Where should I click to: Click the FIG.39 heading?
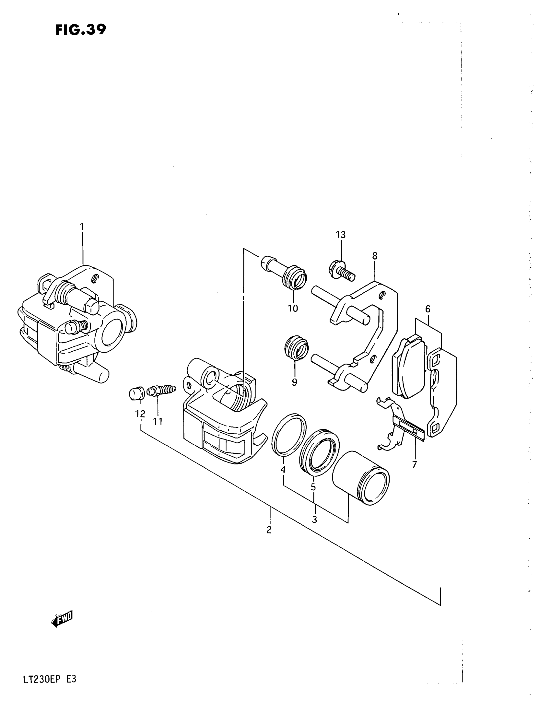coord(81,30)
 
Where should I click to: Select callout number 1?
coord(82,227)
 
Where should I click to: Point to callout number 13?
coord(340,235)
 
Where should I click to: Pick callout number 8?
coord(375,256)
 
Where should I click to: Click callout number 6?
coord(428,309)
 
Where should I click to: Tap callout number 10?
coord(293,308)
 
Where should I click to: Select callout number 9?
coord(294,382)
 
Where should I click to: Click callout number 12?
coord(140,414)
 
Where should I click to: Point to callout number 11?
coord(158,422)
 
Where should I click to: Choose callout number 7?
coord(415,464)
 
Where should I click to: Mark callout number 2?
coord(269,530)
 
